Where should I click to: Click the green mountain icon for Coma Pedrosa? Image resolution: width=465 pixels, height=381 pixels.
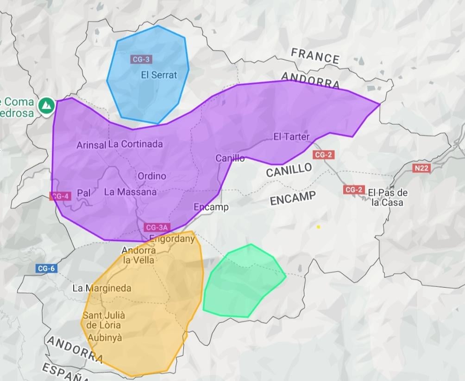[x=46, y=105]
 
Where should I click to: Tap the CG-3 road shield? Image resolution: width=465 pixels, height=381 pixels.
[x=141, y=59]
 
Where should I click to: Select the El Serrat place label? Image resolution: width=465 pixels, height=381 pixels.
[x=159, y=75]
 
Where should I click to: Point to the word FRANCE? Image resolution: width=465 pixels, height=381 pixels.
[x=315, y=56]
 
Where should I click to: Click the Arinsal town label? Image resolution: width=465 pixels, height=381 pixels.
[x=91, y=145]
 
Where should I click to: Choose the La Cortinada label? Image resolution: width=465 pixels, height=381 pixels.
[x=136, y=144]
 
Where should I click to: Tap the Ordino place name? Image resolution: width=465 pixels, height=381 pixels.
[x=151, y=176]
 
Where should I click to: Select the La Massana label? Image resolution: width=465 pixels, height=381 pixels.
[x=130, y=192]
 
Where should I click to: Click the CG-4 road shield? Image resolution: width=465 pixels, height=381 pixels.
[x=60, y=196]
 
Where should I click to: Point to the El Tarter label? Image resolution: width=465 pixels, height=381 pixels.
[x=291, y=136]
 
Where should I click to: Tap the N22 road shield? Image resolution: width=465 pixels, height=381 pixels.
[x=421, y=168]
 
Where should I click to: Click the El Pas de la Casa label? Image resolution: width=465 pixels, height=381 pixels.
[x=388, y=197]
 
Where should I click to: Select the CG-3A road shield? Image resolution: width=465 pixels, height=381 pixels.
[x=157, y=227]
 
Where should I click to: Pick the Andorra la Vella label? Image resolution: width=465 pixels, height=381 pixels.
[x=138, y=255]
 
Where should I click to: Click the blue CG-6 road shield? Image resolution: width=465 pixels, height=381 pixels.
[x=47, y=268]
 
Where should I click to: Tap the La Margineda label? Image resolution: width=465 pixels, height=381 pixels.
[x=102, y=288]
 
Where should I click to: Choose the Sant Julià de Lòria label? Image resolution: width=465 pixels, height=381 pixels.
[x=104, y=320]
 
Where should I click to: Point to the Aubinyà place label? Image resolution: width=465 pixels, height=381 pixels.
[x=105, y=338]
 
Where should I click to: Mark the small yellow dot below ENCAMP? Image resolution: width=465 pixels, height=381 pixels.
[x=318, y=227]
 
